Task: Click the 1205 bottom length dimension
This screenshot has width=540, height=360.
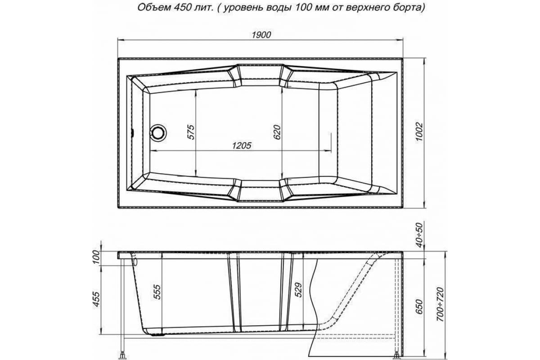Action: tap(241, 145)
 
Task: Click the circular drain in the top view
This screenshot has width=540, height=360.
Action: tap(158, 133)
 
